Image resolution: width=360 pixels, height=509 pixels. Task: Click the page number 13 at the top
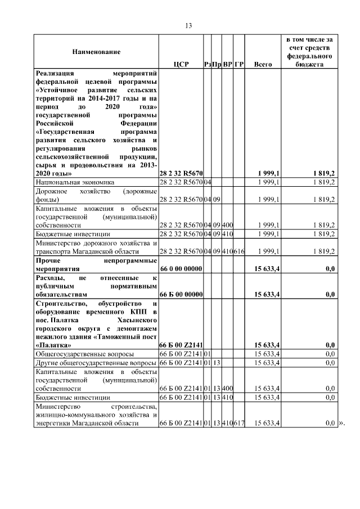188,25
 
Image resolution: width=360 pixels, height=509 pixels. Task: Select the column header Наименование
96,52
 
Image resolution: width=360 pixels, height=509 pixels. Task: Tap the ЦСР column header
181,65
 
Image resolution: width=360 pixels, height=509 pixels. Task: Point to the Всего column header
263,65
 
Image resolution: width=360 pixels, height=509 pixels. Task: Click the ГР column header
239,65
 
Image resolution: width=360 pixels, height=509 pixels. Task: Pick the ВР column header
228,65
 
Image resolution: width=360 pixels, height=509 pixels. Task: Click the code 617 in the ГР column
239,423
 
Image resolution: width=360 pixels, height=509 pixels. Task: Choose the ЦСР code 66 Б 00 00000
181,294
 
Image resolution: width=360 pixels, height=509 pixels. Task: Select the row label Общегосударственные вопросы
85,354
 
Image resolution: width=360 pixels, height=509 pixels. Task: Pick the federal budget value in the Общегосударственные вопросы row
330,354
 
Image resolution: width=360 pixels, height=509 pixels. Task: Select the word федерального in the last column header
309,56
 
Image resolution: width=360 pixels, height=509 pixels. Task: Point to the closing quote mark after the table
339,423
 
